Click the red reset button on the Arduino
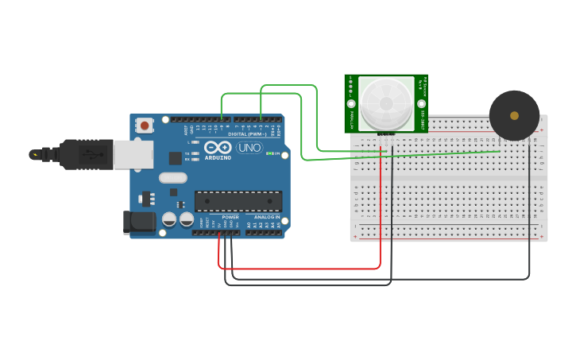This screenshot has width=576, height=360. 144,126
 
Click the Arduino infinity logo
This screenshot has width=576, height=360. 217,147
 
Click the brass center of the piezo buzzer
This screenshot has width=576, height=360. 514,116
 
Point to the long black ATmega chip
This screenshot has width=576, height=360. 238,202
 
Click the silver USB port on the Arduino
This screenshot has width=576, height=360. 133,154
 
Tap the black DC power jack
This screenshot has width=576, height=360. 138,223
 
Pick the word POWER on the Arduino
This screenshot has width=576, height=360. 230,217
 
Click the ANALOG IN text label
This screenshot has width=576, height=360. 267,217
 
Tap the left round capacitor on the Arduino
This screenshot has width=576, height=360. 169,219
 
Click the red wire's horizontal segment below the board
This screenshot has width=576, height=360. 302,268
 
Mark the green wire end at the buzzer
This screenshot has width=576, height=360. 499,150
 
